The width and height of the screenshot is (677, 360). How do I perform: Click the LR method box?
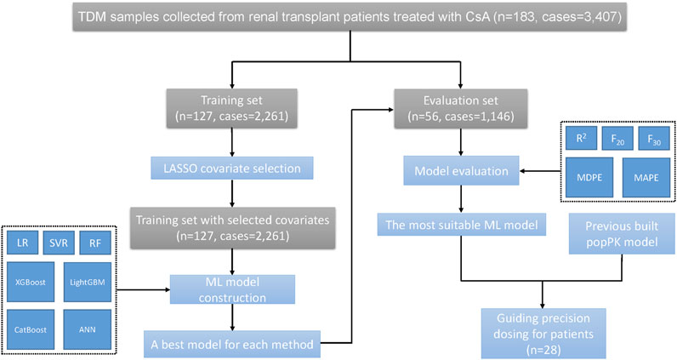[22, 243]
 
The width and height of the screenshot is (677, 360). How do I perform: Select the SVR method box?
[59, 243]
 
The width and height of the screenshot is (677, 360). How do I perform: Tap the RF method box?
[95, 243]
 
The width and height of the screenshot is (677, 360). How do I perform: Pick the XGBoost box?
[31, 282]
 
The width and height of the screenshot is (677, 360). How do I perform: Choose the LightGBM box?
[88, 282]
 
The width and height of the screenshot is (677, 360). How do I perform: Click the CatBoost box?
[31, 329]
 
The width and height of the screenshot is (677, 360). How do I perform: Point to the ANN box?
[88, 329]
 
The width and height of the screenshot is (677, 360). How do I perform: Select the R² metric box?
[581, 138]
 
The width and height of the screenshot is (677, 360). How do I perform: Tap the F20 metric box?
[617, 138]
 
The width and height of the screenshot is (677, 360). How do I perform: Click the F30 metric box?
[654, 138]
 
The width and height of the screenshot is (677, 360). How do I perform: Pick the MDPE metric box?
[589, 177]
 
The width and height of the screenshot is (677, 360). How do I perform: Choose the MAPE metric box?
[646, 177]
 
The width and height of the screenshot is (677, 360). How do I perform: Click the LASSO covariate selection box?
[232, 169]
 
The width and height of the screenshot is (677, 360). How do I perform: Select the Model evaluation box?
[461, 171]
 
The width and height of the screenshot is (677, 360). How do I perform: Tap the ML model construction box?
[232, 289]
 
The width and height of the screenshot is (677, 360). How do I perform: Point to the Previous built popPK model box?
[622, 234]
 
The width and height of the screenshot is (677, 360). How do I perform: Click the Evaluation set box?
[461, 108]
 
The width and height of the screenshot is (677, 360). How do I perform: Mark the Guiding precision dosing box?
[543, 334]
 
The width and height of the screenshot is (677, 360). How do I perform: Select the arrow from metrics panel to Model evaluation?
[540, 171]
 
